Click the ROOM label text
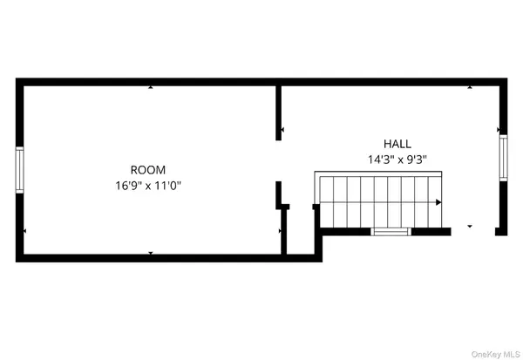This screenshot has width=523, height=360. coord(148,170)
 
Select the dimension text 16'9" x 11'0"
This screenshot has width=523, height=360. coord(148,185)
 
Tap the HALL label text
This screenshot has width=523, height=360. coord(397,144)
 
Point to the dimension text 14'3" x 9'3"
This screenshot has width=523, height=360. coord(397,160)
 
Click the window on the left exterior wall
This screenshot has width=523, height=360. coord(20,170)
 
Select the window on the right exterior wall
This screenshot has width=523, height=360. coord(503,158)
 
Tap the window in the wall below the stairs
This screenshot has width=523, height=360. coord(391,232)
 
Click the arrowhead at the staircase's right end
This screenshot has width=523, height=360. coord(438,202)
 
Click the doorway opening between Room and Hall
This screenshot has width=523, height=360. coord(279,160)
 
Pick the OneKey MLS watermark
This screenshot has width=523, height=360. coord(495,354)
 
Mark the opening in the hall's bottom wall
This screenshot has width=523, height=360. coord(473,232)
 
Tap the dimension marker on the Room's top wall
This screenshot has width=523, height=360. coord(151,87)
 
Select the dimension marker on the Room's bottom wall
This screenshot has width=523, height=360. coord(151,254)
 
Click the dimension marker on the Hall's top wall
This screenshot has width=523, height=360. coord(470,87)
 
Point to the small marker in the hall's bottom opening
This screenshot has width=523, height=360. coord(470,227)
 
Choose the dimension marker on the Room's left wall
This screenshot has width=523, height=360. coord(24,230)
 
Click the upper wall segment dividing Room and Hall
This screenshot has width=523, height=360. coord(279,113)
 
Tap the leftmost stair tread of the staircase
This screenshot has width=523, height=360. coord(327,202)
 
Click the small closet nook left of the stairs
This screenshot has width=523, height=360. coord(299,231)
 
